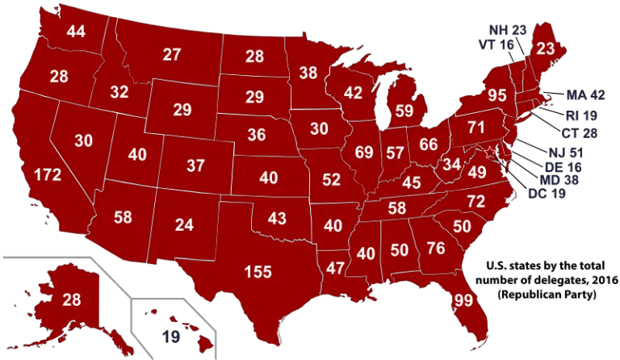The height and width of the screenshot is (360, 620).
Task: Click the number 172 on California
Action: coord(48,174)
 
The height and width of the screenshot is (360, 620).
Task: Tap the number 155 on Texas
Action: coord(258,272)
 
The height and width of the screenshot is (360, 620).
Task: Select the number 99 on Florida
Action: coord(463,301)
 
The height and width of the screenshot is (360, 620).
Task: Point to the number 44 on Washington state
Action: coord(76,32)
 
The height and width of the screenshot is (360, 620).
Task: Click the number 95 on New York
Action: coord(497,95)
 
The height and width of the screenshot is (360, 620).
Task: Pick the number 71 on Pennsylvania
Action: coord(475,128)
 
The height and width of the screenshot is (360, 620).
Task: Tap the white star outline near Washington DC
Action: coord(489,152)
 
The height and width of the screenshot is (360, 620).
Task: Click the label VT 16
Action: coord(496,45)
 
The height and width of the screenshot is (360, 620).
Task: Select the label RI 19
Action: coord(581,115)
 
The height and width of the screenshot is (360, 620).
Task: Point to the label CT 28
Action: coord(580,133)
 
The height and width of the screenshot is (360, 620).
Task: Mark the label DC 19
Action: coord(547,194)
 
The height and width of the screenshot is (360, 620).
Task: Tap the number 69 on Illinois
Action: coord(364,152)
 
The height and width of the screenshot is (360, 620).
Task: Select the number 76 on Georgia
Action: coord(435,248)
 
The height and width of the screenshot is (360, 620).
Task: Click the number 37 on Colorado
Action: coord(195,165)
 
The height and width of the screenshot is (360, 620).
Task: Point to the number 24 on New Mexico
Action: coord(184,225)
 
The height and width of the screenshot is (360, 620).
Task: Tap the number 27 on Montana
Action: coord(171,55)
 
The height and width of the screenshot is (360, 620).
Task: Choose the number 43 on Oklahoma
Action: coord(277,219)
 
